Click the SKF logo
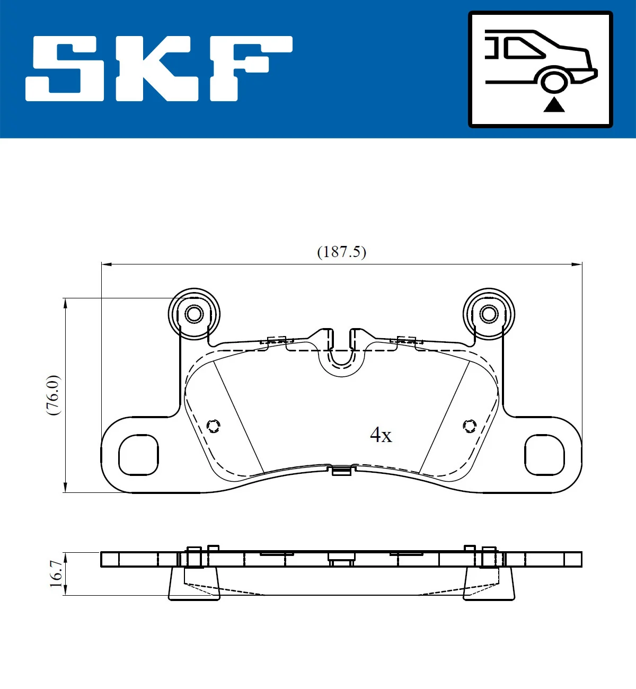coord(159,68)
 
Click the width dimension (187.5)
coord(341,252)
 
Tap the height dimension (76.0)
coord(54,395)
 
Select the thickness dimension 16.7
coord(56,573)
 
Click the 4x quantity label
coord(381,435)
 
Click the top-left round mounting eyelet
coord(194,314)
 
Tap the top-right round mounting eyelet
coord(489,314)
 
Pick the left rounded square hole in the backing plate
coord(138,455)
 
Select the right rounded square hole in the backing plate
coord(544,455)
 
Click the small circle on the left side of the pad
coord(213,426)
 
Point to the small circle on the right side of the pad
coord(470,426)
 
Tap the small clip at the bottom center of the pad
coord(341,470)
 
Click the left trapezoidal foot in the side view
coord(194,583)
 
